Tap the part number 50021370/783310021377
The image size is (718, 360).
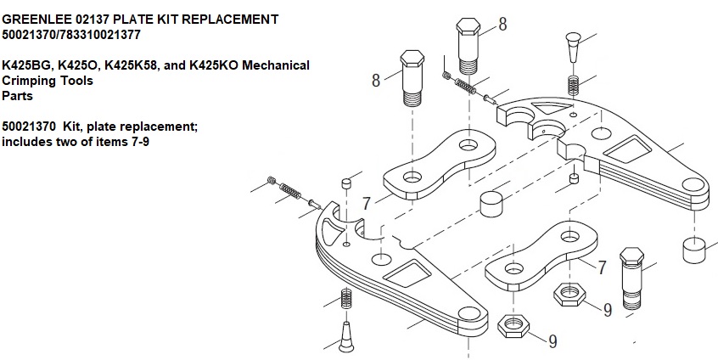coord(71,35)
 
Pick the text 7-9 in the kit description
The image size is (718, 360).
coord(140,142)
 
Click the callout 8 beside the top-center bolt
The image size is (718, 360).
coord(502,24)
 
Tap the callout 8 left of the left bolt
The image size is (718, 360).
coord(376,81)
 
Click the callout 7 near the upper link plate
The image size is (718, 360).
coord(366,204)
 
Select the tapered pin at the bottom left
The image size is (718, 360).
coord(347,337)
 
